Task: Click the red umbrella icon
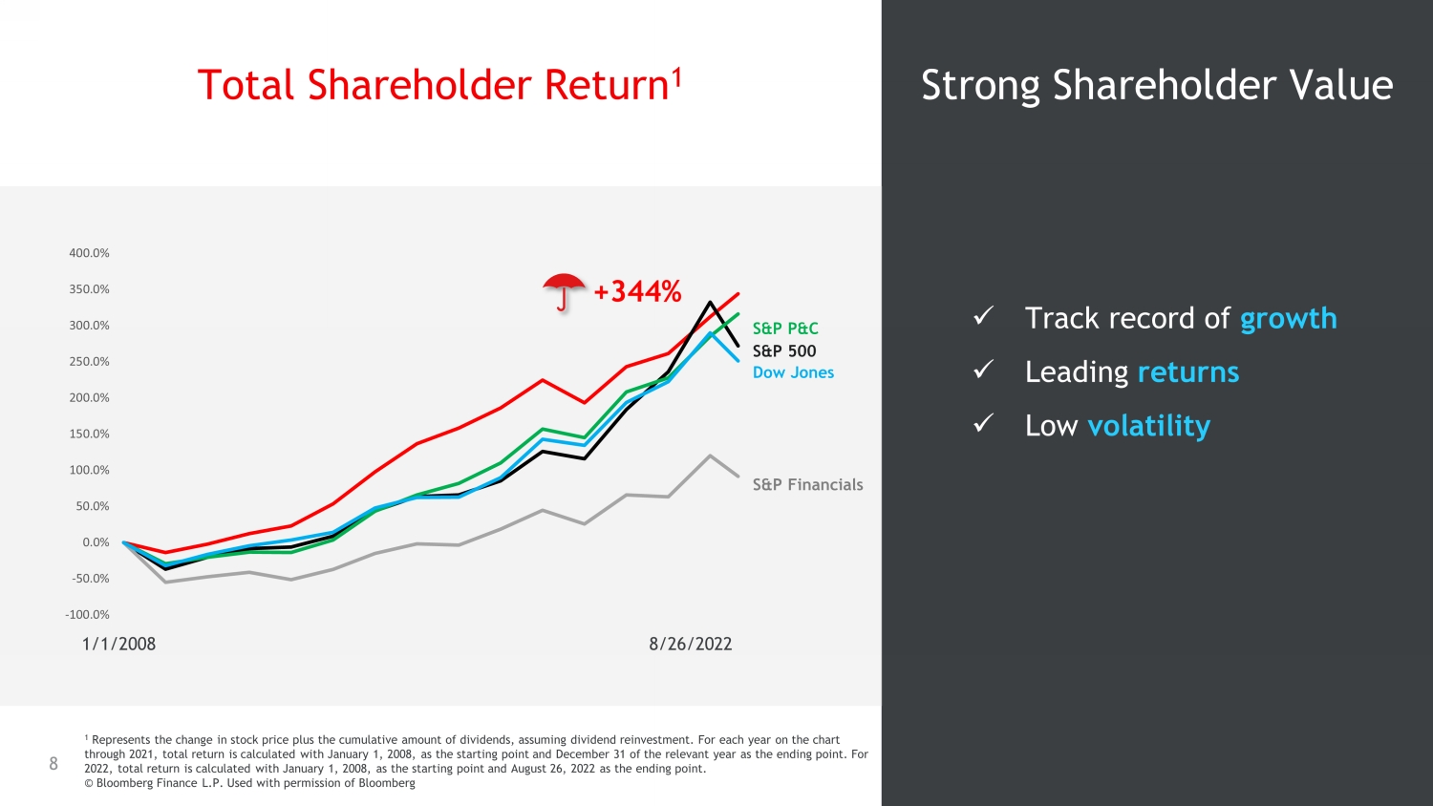564,291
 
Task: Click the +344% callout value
637,291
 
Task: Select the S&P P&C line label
785,329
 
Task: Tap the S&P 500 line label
784,351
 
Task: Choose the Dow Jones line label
793,373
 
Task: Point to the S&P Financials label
807,485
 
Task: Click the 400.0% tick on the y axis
89,253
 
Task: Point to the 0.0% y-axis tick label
96,542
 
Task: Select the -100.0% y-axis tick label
87,615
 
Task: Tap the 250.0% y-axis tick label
89,361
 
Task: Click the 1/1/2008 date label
118,644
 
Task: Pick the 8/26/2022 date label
691,644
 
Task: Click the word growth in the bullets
1289,319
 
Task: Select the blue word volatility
1149,426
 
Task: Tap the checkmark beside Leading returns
983,370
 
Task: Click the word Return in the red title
607,85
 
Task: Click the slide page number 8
53,763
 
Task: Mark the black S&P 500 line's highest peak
710,302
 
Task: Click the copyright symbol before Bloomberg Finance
89,783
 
